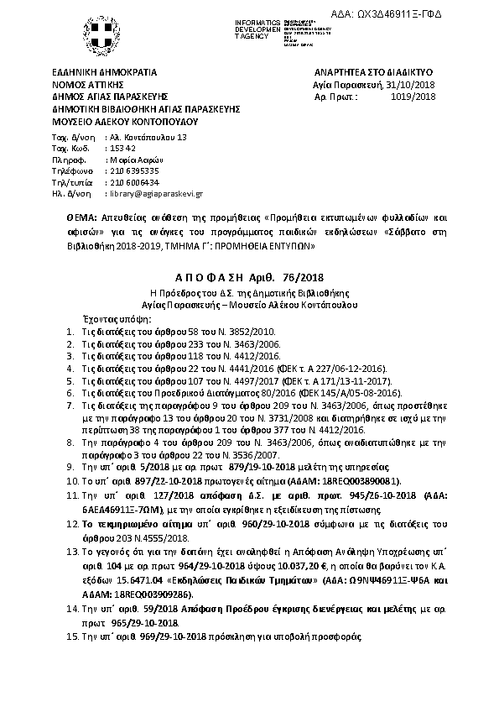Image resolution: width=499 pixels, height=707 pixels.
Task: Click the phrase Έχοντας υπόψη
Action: click(99, 320)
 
